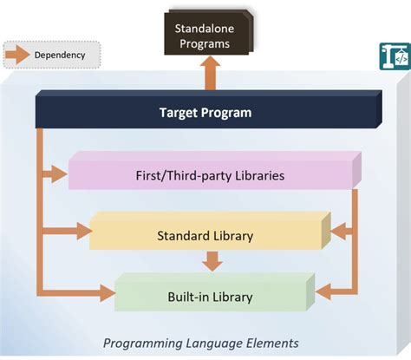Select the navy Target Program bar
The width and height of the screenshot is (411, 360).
click(x=205, y=112)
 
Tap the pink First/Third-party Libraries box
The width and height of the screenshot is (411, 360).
click(x=211, y=175)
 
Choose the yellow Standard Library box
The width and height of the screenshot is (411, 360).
click(x=205, y=235)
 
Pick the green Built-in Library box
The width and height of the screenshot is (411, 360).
click(x=210, y=297)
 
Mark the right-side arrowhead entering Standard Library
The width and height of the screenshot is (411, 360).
click(x=337, y=232)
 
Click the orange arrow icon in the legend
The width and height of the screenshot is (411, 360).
click(x=18, y=55)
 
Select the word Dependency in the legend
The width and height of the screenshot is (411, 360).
click(x=60, y=55)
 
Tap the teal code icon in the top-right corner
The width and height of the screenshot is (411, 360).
click(x=394, y=56)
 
